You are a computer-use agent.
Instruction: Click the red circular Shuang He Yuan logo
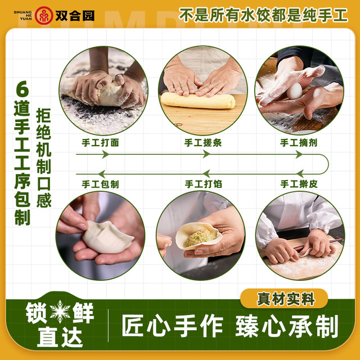[44, 15]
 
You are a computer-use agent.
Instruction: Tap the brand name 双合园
[75, 16]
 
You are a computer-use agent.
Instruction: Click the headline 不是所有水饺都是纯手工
[263, 15]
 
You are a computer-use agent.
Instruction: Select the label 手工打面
[100, 142]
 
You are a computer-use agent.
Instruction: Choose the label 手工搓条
[203, 142]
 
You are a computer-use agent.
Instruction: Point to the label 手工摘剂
[299, 142]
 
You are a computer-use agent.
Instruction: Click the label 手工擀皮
[299, 184]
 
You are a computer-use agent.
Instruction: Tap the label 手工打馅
[204, 184]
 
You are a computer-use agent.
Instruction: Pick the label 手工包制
[100, 184]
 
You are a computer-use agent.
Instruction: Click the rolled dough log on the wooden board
[198, 101]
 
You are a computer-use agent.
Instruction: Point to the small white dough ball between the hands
[294, 91]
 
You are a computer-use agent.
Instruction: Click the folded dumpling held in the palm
[107, 237]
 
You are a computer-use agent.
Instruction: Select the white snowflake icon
[60, 312]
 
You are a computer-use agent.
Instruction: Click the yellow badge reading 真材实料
[284, 299]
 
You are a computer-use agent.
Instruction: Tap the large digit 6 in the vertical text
[22, 89]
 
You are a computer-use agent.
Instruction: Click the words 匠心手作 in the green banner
[172, 326]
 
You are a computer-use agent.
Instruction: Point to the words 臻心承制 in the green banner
[287, 326]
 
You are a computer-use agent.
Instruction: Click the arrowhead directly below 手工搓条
[206, 154]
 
